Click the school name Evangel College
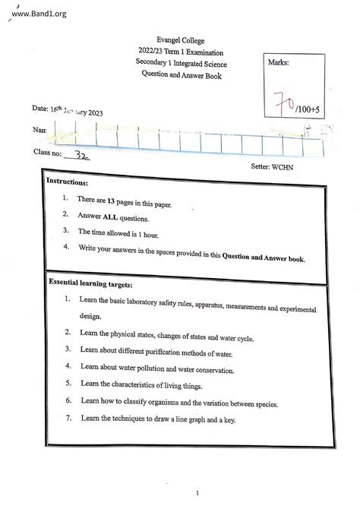tap(181, 40)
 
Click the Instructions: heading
tap(68, 183)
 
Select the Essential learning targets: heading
tap(90, 283)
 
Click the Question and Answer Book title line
tap(181, 76)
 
